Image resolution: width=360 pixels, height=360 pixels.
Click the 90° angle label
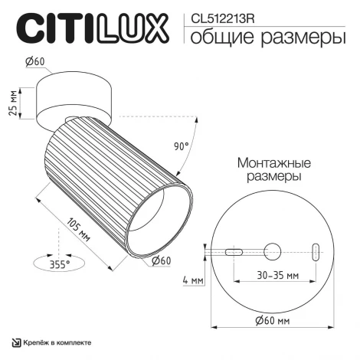[181, 146]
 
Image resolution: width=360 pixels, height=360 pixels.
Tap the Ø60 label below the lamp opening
[162, 260]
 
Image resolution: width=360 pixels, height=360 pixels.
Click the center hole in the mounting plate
[272, 250]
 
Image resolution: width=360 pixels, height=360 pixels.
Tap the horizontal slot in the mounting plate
[234, 250]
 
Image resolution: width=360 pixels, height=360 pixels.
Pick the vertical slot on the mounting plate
[315, 250]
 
